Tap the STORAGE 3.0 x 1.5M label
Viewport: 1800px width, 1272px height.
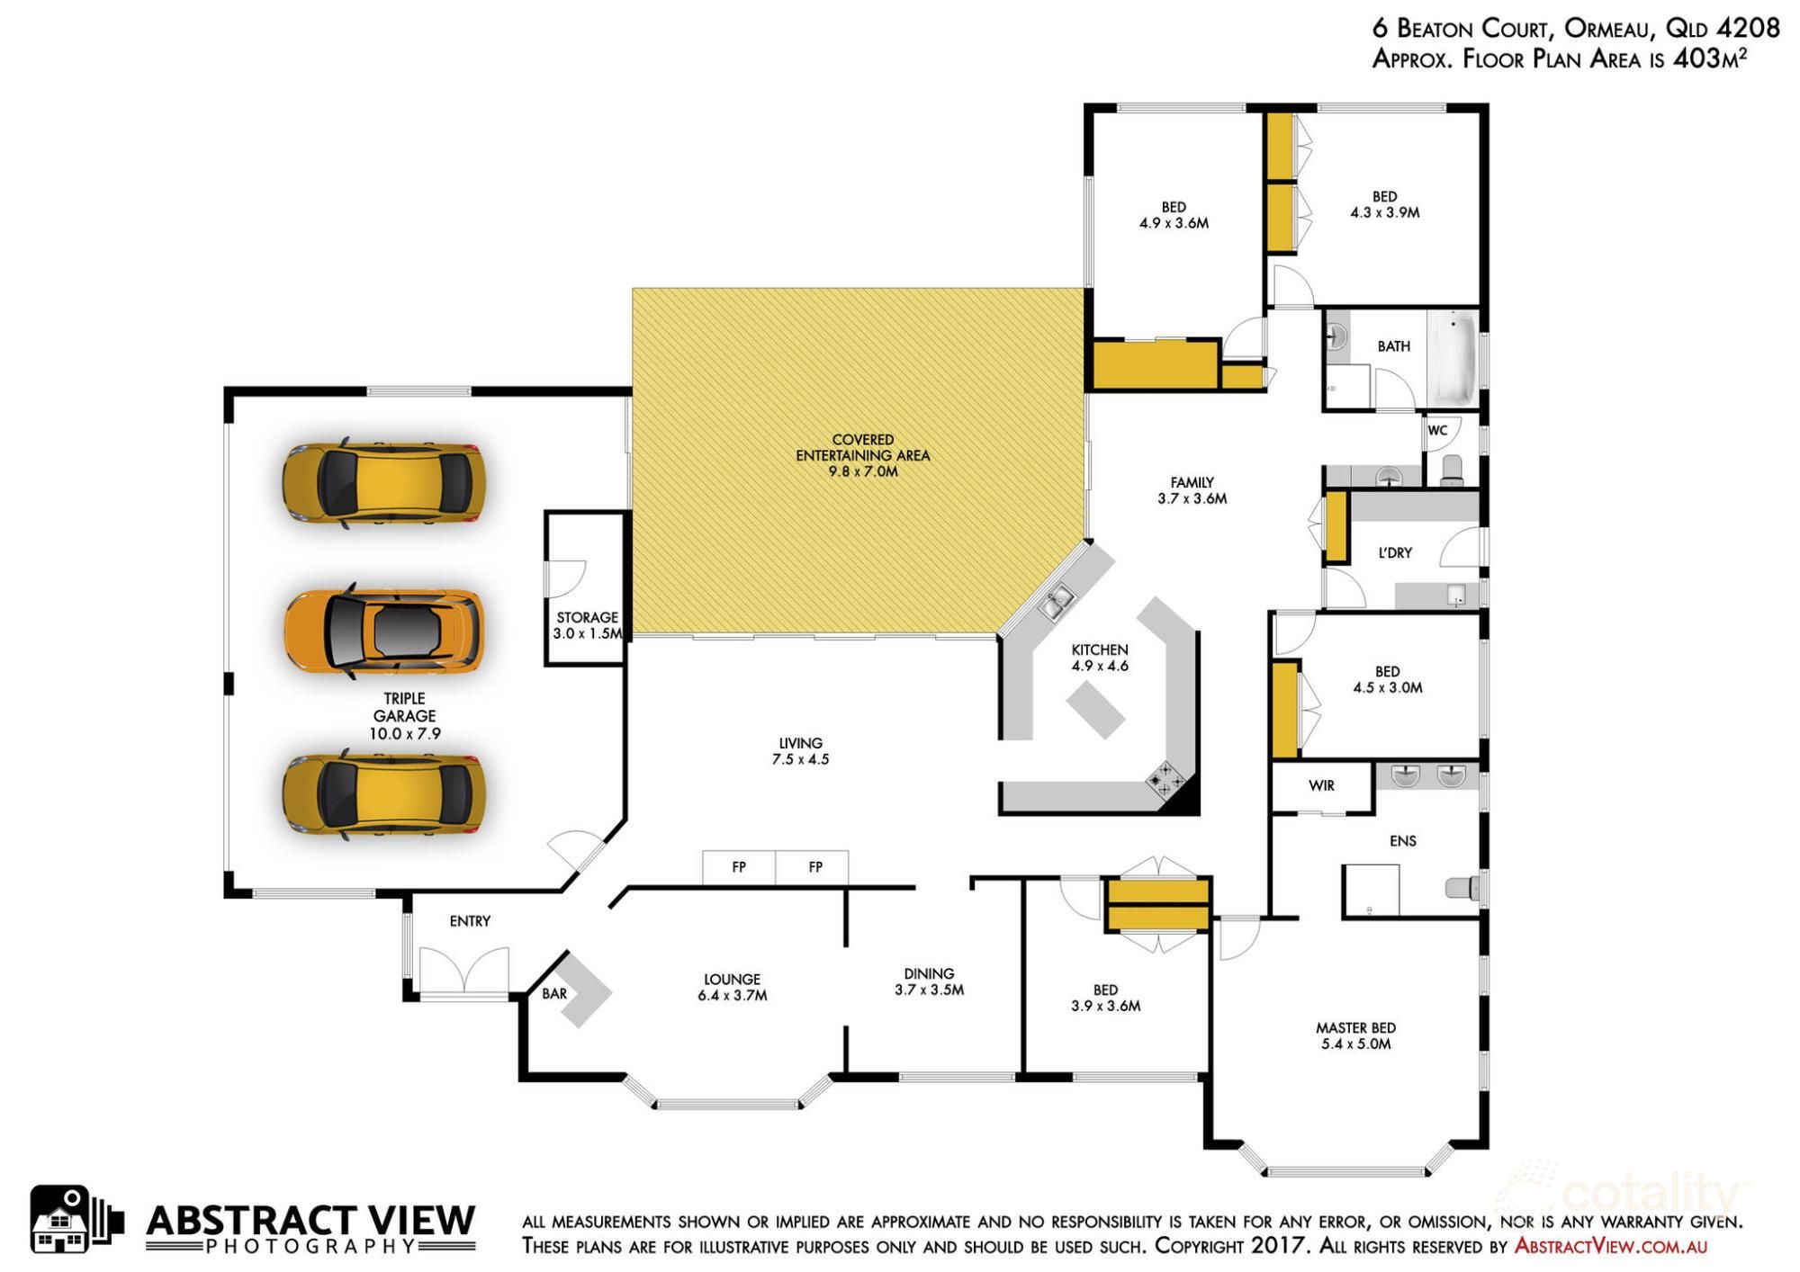click(x=587, y=625)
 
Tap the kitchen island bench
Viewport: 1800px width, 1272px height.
click(x=1096, y=710)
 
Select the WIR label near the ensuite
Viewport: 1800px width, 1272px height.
click(x=1321, y=786)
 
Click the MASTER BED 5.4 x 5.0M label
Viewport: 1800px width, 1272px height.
click(x=1355, y=1035)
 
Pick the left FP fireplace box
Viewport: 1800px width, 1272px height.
click(x=739, y=867)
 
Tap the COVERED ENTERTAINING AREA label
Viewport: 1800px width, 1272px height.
click(x=862, y=455)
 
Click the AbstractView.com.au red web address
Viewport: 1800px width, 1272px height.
click(x=1610, y=1246)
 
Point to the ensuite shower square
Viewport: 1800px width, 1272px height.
click(x=1371, y=891)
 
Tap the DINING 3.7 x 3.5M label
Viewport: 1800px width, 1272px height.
click(x=929, y=981)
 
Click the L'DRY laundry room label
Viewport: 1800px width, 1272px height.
click(x=1395, y=552)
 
